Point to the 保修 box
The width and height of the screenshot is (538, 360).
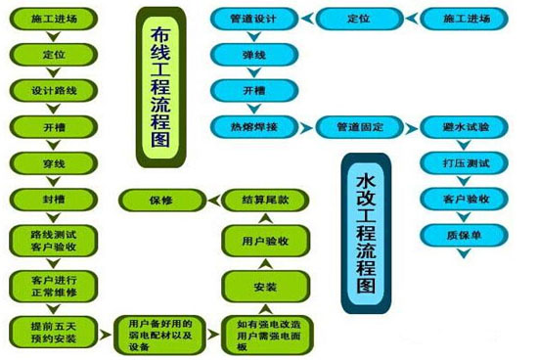click(160, 200)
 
